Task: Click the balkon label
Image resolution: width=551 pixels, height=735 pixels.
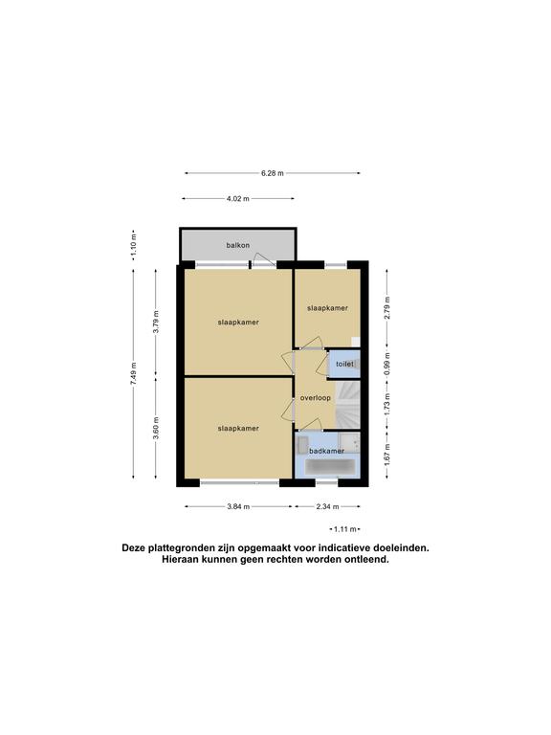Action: click(x=237, y=245)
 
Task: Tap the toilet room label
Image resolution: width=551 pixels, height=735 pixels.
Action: click(x=344, y=364)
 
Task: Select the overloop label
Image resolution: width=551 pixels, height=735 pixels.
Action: click(x=316, y=397)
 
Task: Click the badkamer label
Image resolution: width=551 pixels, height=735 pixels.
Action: click(x=326, y=451)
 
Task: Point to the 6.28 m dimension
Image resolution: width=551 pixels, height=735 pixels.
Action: click(x=273, y=173)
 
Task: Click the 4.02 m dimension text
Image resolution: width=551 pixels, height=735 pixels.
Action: click(x=238, y=198)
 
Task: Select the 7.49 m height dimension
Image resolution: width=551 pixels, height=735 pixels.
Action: click(x=134, y=374)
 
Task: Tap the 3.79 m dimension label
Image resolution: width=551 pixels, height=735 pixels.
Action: click(x=157, y=322)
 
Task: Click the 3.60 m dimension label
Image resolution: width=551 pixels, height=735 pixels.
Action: click(x=157, y=428)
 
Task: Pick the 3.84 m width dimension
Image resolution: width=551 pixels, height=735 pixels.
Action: click(x=238, y=506)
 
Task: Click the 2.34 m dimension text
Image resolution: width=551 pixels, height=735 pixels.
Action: click(x=327, y=506)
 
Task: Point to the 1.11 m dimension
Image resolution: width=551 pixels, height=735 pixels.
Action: click(x=344, y=529)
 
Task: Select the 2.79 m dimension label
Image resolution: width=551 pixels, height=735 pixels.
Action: click(x=387, y=308)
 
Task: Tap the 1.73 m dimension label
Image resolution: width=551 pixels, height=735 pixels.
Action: click(x=387, y=404)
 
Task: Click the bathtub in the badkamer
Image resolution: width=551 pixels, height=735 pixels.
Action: click(x=330, y=466)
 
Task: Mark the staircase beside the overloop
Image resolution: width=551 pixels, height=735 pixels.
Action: click(x=347, y=406)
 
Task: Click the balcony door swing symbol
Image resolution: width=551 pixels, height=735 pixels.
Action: click(x=263, y=259)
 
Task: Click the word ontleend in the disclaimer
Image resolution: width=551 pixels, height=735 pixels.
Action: click(x=368, y=559)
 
